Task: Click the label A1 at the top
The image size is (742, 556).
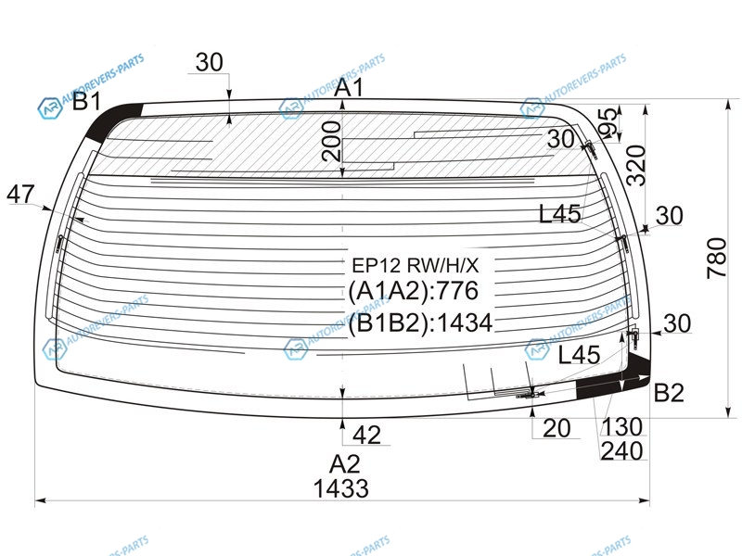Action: pyautogui.click(x=349, y=89)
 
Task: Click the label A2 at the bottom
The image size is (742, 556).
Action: pyautogui.click(x=344, y=463)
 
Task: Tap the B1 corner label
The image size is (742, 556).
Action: pyautogui.click(x=87, y=102)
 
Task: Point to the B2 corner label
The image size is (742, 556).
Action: pyautogui.click(x=669, y=393)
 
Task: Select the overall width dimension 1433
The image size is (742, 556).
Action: pyautogui.click(x=341, y=488)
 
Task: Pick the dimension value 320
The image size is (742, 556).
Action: pyautogui.click(x=635, y=164)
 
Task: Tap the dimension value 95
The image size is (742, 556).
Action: pyautogui.click(x=608, y=123)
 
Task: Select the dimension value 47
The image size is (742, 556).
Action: pyautogui.click(x=19, y=195)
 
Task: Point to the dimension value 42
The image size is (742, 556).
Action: pyautogui.click(x=367, y=433)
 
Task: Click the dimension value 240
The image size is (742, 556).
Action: pyautogui.click(x=621, y=451)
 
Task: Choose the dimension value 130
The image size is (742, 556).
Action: pyautogui.click(x=621, y=427)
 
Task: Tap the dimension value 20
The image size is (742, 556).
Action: pyautogui.click(x=556, y=427)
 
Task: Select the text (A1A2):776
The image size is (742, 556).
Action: pyautogui.click(x=413, y=291)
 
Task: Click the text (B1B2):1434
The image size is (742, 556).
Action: pyautogui.click(x=420, y=322)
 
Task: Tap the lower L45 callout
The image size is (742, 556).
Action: pyautogui.click(x=579, y=354)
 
